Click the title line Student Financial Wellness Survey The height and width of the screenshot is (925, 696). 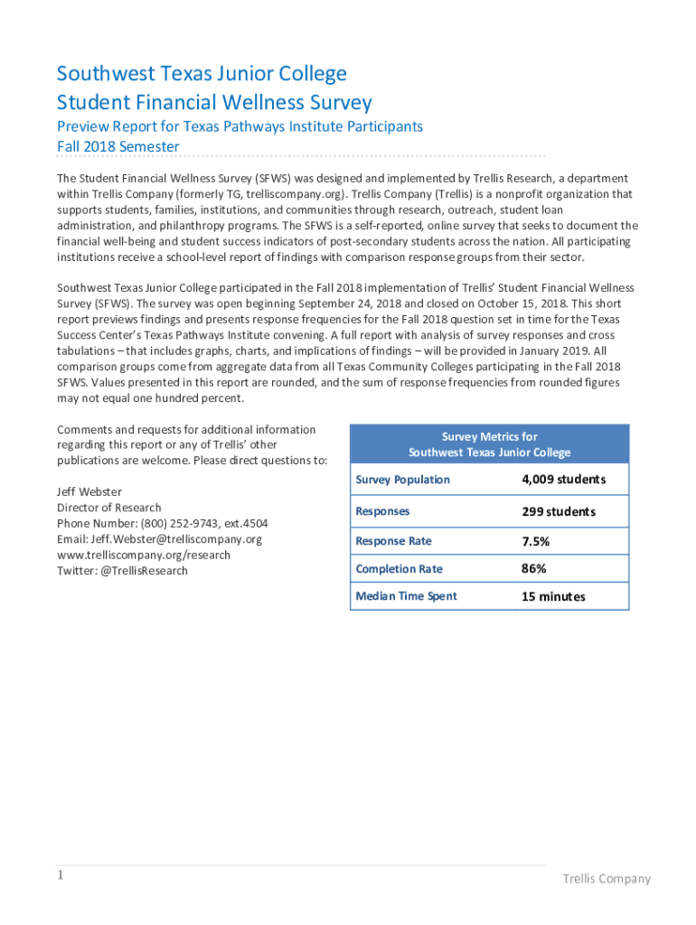click(x=214, y=102)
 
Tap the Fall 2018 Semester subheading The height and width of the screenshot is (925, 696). click(x=118, y=146)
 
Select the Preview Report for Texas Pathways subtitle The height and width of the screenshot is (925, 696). click(x=240, y=126)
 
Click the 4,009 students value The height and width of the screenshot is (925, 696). click(x=563, y=480)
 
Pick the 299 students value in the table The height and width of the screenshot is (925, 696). click(x=558, y=511)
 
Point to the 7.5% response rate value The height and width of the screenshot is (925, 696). click(x=535, y=541)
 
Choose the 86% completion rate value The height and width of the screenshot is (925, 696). click(x=533, y=569)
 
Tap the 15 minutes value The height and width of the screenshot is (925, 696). click(x=553, y=596)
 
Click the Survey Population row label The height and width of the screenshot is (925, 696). click(x=402, y=480)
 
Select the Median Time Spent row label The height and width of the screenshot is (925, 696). click(x=406, y=596)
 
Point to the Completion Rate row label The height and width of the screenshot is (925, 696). click(x=399, y=569)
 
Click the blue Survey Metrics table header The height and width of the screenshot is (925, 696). click(x=489, y=444)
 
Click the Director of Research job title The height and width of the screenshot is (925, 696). click(x=108, y=508)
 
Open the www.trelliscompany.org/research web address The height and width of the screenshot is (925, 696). click(x=144, y=555)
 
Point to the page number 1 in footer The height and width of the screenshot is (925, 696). click(x=61, y=875)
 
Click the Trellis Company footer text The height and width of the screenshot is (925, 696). click(x=606, y=879)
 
